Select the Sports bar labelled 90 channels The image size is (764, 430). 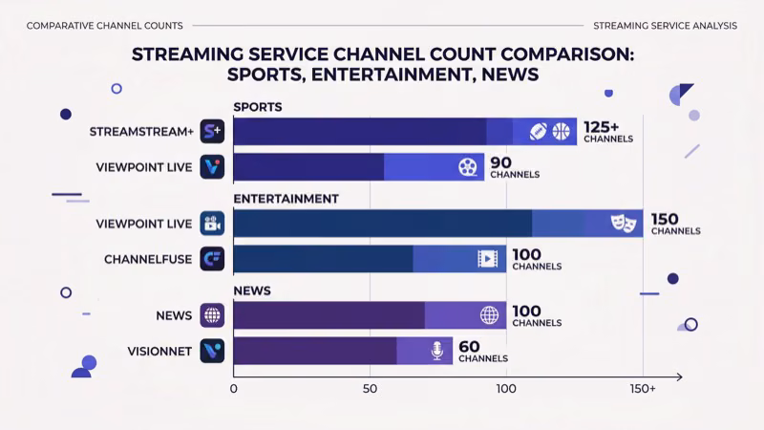tap(358, 167)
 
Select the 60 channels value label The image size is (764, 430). tap(483, 352)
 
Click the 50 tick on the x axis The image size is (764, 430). tap(370, 389)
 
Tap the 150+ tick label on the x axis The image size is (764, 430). tap(643, 389)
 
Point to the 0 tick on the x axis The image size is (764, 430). tap(234, 389)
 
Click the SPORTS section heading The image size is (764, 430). tap(258, 107)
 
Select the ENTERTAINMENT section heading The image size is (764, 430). tap(286, 199)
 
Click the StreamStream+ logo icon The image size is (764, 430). tap(211, 131)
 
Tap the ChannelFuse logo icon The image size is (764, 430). tap(211, 259)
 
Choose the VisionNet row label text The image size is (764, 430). tap(159, 351)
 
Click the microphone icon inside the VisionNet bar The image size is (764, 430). tap(437, 351)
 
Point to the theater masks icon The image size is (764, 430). tap(622, 224)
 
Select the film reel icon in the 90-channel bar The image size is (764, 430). tap(467, 167)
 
